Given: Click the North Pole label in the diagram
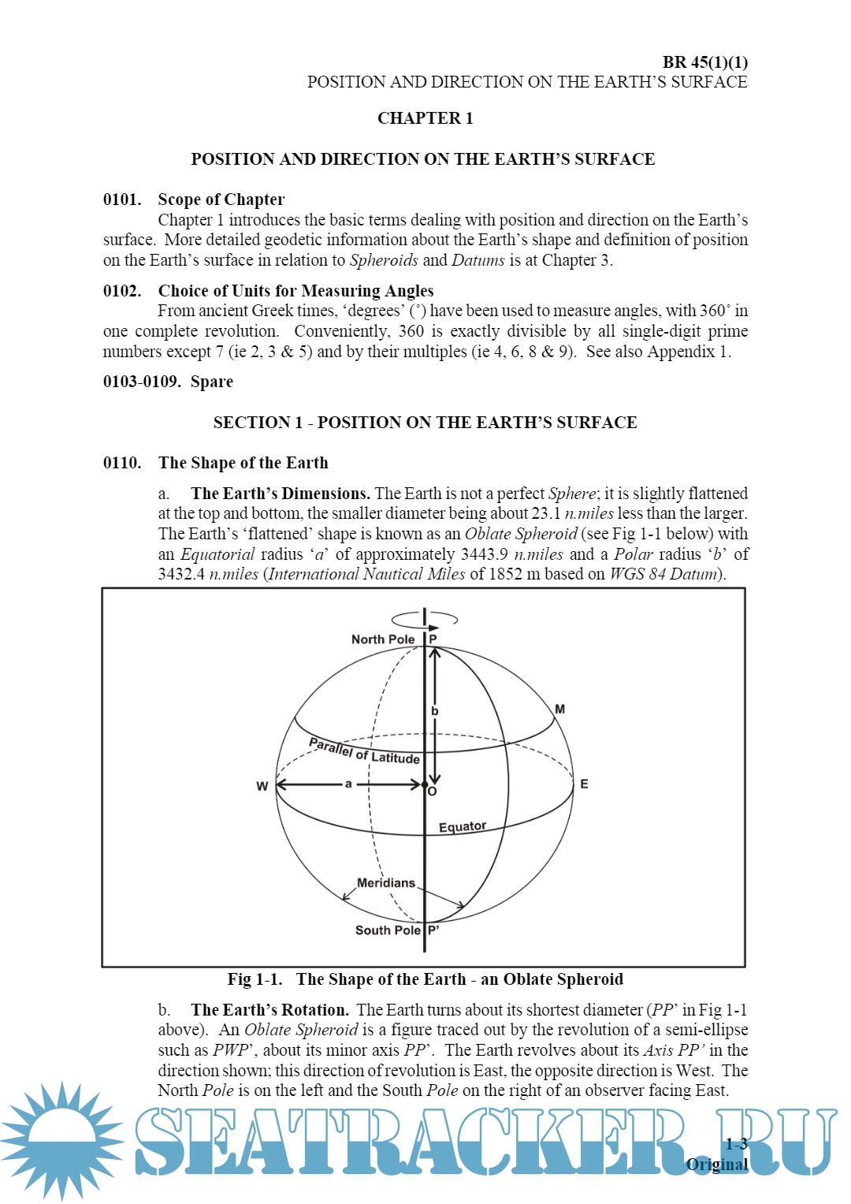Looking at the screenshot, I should point(383,639).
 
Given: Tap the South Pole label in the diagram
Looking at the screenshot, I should point(388,930).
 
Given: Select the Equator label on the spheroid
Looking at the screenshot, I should point(463,826).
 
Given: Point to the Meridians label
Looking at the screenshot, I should point(386,883).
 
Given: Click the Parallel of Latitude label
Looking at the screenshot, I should point(364,751).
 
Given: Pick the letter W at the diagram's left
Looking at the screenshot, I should point(262,786).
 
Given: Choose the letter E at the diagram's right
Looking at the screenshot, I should point(584,784).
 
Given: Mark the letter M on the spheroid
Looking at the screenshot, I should point(559,710).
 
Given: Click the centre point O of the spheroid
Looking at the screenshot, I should point(425,785).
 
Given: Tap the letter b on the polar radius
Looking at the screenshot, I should point(434,711).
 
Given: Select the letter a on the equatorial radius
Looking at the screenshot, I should point(348,784).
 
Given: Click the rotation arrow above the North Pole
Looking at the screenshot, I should point(425,617).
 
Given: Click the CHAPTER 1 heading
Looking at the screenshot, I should point(425,118).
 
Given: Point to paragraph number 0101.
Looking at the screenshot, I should point(122,199).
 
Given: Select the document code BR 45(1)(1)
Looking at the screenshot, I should point(704,62).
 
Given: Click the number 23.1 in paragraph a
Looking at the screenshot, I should point(546,513).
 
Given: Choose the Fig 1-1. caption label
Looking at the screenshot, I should point(255,979).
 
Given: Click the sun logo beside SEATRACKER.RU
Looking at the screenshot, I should point(61,1141).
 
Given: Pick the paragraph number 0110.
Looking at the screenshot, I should point(122,463).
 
